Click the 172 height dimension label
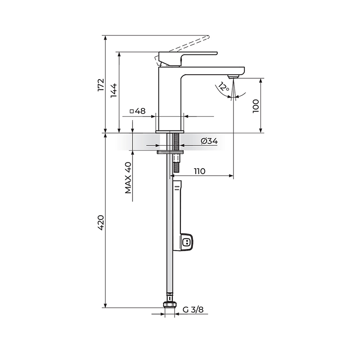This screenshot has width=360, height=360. click(x=101, y=85)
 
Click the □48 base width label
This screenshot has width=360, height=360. click(x=137, y=111)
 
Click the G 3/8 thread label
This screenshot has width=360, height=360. click(x=193, y=310)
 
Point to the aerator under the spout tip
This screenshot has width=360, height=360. click(x=233, y=76)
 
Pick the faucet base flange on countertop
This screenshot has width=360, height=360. click(x=170, y=131)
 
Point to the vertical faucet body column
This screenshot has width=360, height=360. click(x=170, y=99)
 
